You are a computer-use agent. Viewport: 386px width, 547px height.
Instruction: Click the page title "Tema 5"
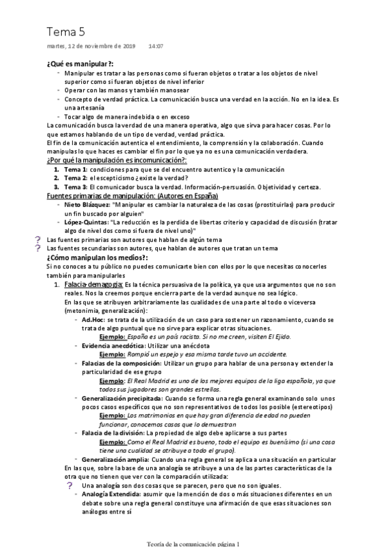coord(66,32)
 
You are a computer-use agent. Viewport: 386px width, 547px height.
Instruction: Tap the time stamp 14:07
coord(156,46)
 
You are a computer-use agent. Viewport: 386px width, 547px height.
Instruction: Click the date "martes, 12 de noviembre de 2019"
coord(92,46)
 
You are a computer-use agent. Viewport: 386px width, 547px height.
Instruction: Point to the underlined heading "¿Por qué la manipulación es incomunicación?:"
coord(117,160)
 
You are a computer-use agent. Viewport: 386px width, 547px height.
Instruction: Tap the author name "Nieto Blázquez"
coord(89,204)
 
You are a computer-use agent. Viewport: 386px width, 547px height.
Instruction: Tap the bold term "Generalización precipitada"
coord(121,399)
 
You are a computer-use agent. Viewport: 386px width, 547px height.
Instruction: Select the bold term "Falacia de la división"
coord(113,433)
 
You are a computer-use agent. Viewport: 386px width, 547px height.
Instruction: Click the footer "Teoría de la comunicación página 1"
coord(193,543)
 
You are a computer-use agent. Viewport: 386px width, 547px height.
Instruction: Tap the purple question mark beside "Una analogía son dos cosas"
coord(70,485)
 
